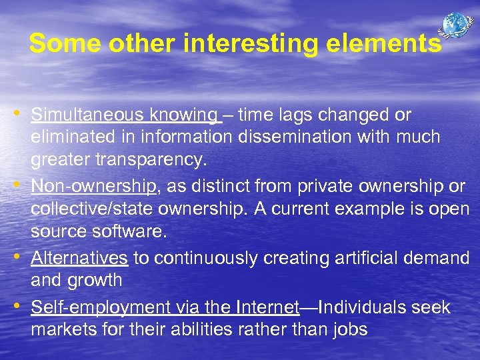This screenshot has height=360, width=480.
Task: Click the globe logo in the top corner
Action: tap(456, 25)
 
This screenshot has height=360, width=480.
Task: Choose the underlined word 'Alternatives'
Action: tap(79, 257)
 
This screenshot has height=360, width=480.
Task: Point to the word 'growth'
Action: tap(95, 280)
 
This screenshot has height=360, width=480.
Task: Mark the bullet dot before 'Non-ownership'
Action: tap(21, 182)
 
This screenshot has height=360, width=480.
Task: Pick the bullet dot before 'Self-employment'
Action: tap(21, 305)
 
